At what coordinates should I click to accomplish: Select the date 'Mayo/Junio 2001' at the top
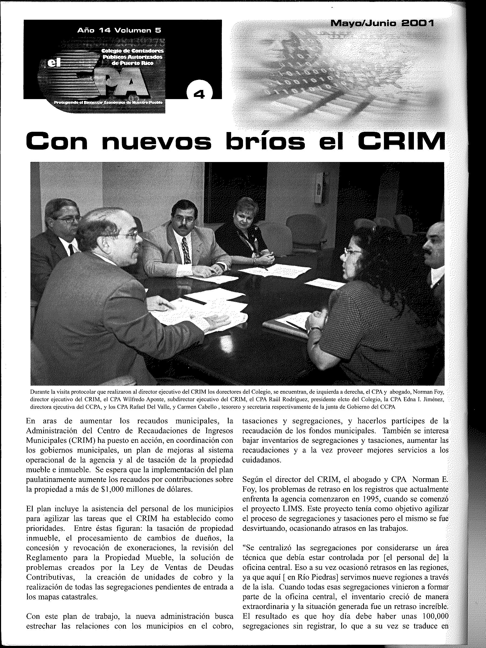coord(382,23)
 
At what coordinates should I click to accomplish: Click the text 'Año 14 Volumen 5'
coord(119,30)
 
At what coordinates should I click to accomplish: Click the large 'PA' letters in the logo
coord(123,85)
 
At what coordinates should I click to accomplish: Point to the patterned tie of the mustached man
coord(185,251)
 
